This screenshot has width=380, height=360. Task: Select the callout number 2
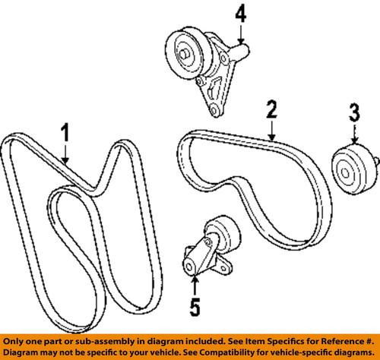point(269,112)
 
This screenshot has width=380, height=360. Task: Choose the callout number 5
point(195,308)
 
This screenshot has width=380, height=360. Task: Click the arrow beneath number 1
point(66,156)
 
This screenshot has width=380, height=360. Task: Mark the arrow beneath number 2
point(270,131)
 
